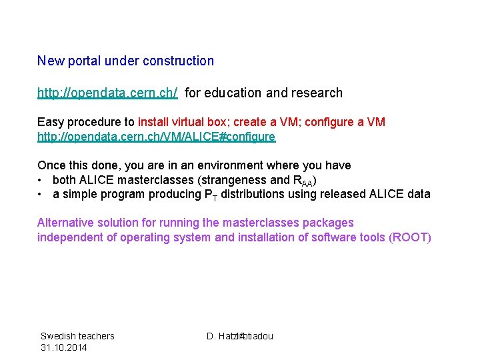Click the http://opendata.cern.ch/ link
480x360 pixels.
107,93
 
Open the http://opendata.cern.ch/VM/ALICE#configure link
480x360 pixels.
156,137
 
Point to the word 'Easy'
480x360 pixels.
50,123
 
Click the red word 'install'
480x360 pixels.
154,123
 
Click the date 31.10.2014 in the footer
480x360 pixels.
63,347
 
